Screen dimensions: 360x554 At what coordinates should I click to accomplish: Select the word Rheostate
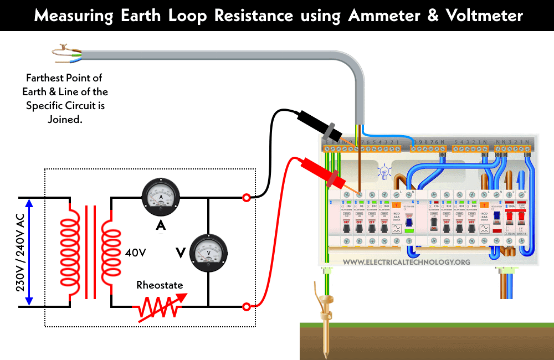(x=160, y=286)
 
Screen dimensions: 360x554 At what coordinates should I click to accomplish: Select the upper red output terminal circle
(x=246, y=197)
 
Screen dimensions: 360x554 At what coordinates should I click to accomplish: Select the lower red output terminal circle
(x=246, y=306)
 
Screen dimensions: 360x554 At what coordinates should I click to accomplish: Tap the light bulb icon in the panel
(x=382, y=171)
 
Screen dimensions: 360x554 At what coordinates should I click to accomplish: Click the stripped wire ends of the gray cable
(x=66, y=53)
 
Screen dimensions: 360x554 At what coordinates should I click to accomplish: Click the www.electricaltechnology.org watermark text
(x=407, y=261)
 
